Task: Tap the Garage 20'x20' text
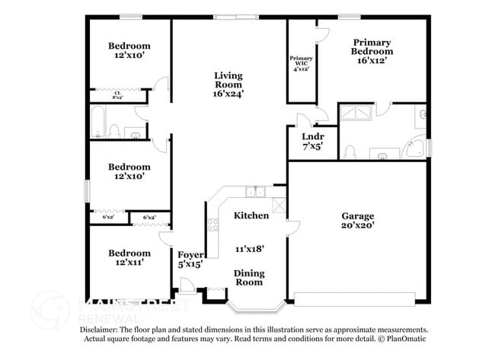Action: click(356, 221)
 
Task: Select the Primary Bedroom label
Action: click(371, 51)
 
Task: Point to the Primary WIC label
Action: click(301, 63)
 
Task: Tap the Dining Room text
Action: click(248, 278)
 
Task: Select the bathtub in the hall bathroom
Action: click(97, 123)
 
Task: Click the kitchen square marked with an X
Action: click(279, 203)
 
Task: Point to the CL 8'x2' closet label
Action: click(117, 95)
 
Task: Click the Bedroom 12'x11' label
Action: click(128, 257)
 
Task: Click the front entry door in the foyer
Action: click(185, 286)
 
